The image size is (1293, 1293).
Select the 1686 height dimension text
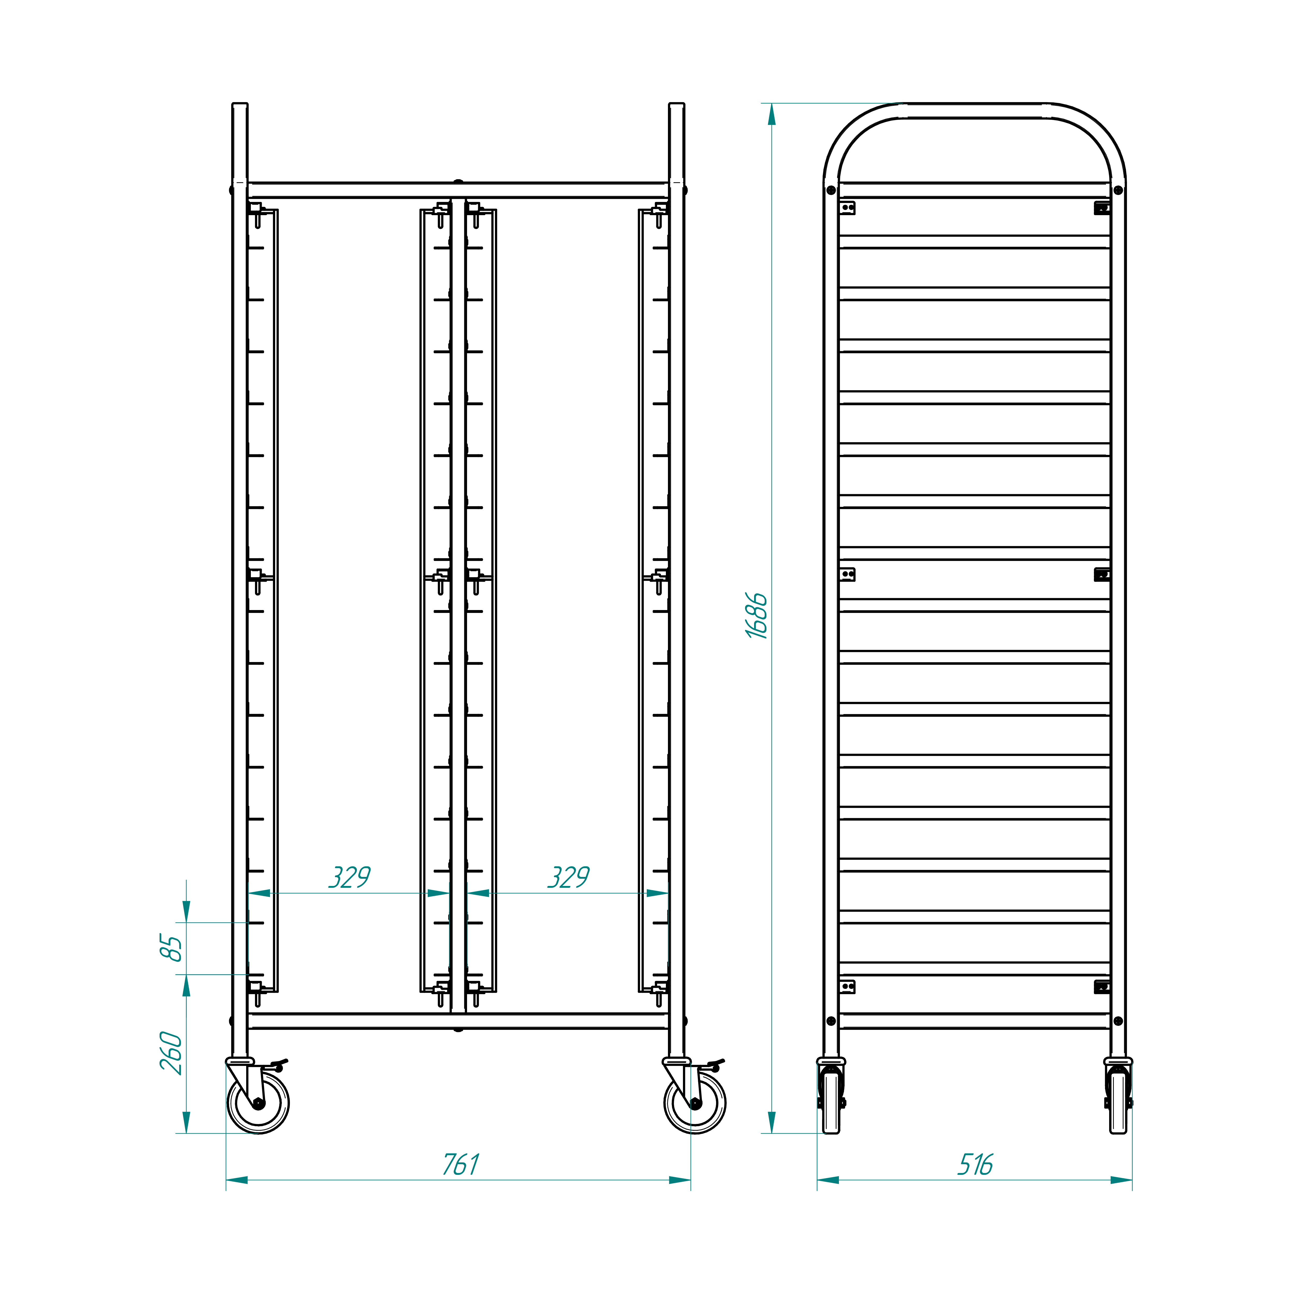pyautogui.click(x=757, y=616)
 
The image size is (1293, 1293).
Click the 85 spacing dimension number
pyautogui.click(x=171, y=948)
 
